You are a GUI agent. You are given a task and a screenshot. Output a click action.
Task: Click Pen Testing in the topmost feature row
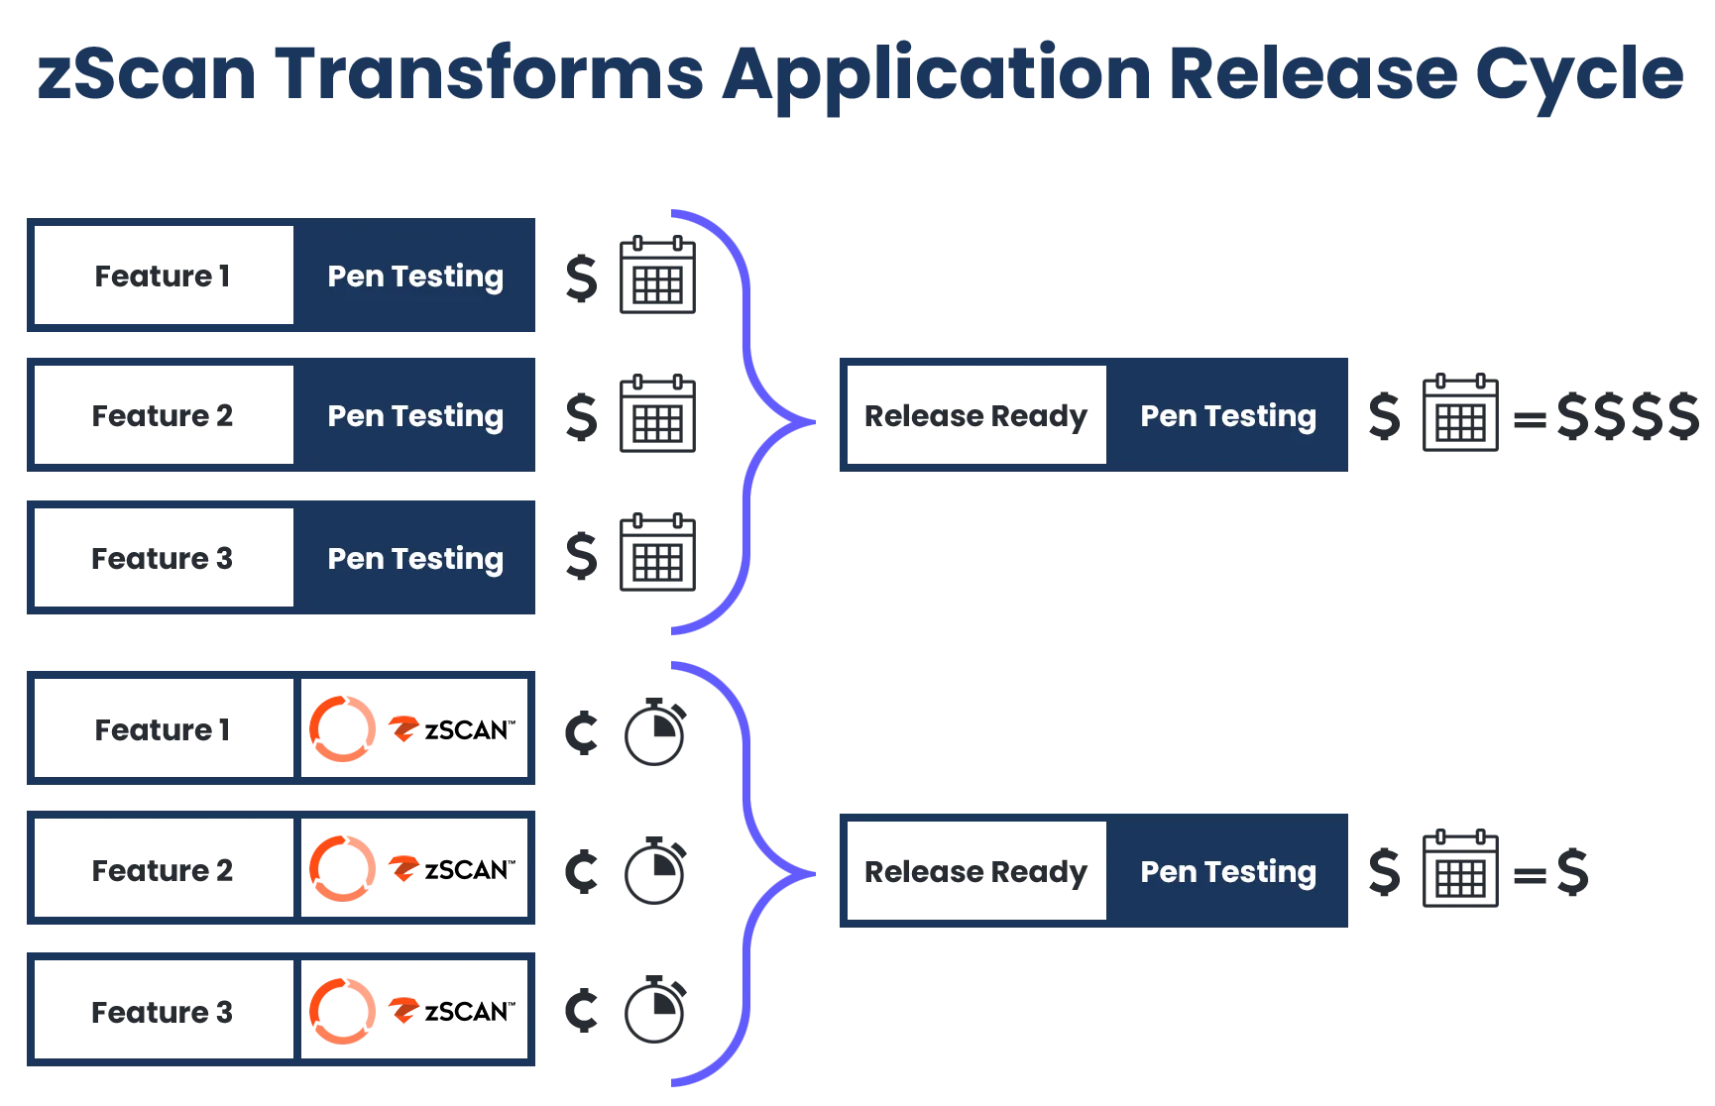415,276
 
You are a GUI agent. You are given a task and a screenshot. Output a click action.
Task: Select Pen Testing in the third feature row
415,559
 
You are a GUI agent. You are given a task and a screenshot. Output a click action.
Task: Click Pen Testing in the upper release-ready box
1228,416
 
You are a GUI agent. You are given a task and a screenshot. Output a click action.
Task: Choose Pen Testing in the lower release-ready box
1228,872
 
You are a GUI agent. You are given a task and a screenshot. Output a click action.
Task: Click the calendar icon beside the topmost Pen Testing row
657,275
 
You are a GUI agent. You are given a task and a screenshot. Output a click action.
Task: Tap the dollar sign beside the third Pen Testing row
582,557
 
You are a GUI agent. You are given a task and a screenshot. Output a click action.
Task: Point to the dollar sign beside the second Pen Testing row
582,416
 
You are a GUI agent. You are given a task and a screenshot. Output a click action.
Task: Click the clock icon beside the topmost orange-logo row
654,733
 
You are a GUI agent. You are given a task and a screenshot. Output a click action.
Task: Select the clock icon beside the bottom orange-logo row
654,1011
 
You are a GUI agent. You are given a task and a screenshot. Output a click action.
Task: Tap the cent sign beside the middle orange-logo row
582,872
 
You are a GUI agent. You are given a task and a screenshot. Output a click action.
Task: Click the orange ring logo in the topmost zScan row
343,729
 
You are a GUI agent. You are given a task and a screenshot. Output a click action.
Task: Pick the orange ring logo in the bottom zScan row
343,1011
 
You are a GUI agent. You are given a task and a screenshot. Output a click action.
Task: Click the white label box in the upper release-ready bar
977,416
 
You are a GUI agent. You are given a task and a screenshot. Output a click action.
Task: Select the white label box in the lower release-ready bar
977,873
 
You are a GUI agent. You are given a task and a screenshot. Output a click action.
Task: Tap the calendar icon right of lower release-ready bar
1458,869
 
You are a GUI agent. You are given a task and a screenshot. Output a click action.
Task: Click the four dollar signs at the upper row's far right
1628,416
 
